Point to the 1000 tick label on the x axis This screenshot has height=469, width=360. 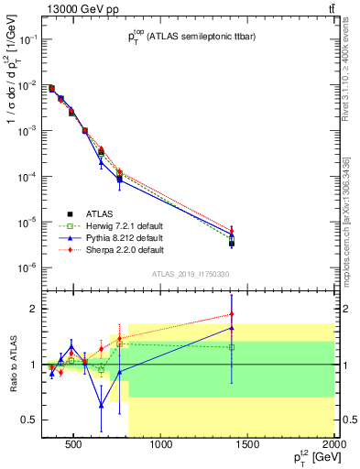pyautogui.click(x=161, y=445)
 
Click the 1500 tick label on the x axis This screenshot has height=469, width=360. pyautogui.click(x=248, y=445)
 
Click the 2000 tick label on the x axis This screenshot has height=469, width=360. pyautogui.click(x=333, y=445)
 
